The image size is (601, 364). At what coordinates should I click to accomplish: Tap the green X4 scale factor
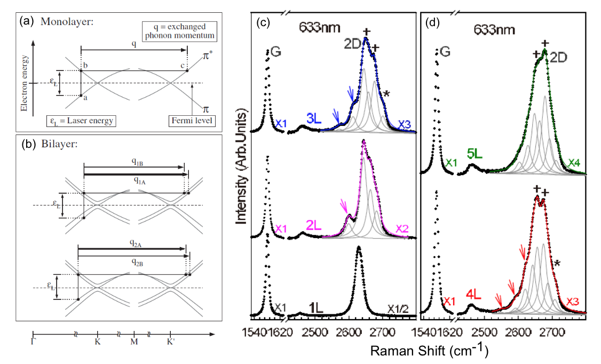click(x=575, y=162)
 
